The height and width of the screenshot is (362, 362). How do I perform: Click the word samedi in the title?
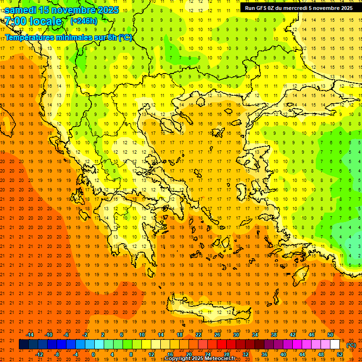click(x=21, y=10)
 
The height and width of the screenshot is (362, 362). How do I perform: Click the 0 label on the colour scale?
click(x=93, y=354)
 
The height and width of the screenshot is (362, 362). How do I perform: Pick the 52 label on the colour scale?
click(x=339, y=354)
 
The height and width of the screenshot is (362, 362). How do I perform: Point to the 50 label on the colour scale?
click(x=330, y=335)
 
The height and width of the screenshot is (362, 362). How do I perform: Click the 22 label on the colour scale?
click(x=198, y=335)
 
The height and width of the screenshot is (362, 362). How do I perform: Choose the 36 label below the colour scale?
click(x=264, y=354)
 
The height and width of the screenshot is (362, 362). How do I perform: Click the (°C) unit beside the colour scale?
click(x=351, y=345)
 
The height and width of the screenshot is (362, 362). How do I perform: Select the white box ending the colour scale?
click(x=335, y=345)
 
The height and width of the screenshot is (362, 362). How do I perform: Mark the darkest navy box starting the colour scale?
click(x=24, y=345)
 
